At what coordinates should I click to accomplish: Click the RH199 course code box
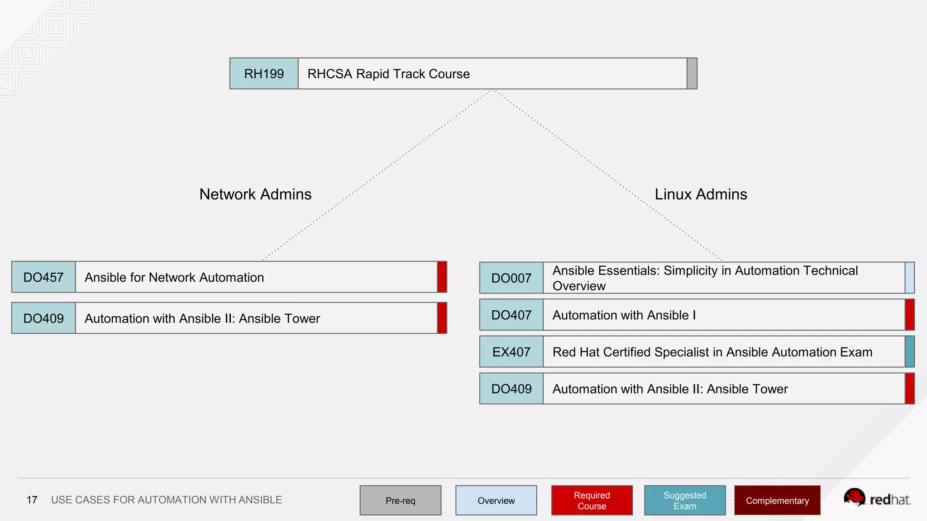coord(264,74)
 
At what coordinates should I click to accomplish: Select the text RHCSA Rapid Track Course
coord(388,74)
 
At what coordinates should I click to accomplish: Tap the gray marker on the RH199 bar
coord(692,74)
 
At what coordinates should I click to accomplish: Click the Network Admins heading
coord(255,194)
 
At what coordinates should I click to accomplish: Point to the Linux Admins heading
coord(701,194)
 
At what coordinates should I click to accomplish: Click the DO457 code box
coord(43,277)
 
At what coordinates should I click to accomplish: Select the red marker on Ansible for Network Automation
coord(442,277)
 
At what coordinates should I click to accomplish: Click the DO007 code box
coord(511,278)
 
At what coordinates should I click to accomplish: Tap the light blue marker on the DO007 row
coord(909,278)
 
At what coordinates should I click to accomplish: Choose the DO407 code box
coord(511,315)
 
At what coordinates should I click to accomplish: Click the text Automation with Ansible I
coord(624,315)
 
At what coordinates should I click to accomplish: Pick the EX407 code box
coord(511,352)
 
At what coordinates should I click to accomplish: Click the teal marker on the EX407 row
coord(909,352)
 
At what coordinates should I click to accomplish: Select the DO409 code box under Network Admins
coord(43,318)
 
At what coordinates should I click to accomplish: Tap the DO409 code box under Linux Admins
coord(511,389)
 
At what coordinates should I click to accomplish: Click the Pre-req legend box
coord(401,500)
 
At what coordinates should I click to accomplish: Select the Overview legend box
coord(496,500)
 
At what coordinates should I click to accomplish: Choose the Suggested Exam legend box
coord(685,500)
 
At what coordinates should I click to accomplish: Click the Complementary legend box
coord(777,500)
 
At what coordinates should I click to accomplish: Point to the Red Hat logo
coord(877,498)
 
